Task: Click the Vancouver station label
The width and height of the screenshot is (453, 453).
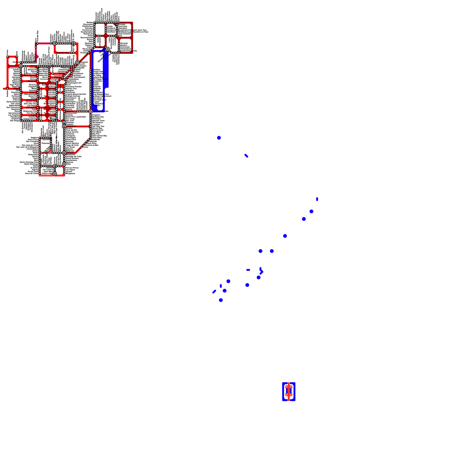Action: click(x=13, y=66)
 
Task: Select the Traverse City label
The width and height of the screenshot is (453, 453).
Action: click(x=63, y=53)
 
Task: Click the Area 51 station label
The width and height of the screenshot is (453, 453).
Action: click(x=33, y=92)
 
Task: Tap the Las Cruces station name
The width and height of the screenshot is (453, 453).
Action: click(x=31, y=107)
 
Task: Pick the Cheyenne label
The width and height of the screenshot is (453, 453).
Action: click(x=32, y=81)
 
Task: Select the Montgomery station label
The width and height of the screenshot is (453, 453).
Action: click(x=50, y=107)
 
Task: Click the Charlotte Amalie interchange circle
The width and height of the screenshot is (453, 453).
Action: click(x=91, y=112)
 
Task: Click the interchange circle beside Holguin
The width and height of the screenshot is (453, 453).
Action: click(x=64, y=153)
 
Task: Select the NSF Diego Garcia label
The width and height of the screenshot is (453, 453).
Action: click(x=101, y=79)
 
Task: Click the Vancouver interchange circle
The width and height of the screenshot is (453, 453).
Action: click(x=21, y=66)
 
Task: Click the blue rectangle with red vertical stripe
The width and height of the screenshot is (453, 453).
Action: click(x=289, y=392)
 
